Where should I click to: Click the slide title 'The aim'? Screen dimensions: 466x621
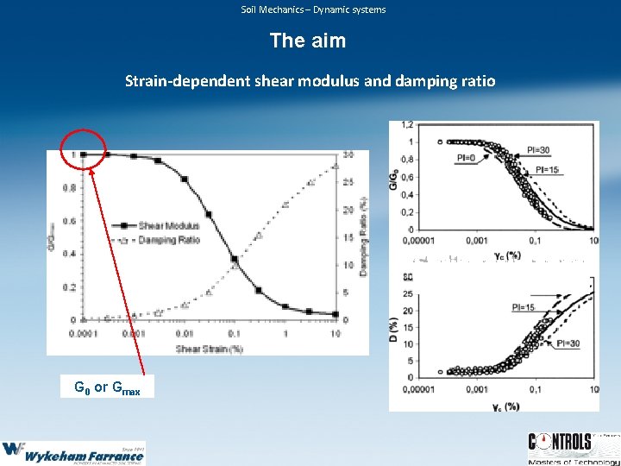308,41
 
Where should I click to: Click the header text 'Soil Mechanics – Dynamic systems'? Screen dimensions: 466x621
313,9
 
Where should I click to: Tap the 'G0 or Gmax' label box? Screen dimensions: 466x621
108,387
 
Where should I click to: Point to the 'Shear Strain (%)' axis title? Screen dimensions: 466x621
208,348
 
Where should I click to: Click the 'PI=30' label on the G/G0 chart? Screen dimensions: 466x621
538,150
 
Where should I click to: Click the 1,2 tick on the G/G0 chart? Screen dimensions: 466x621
406,125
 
